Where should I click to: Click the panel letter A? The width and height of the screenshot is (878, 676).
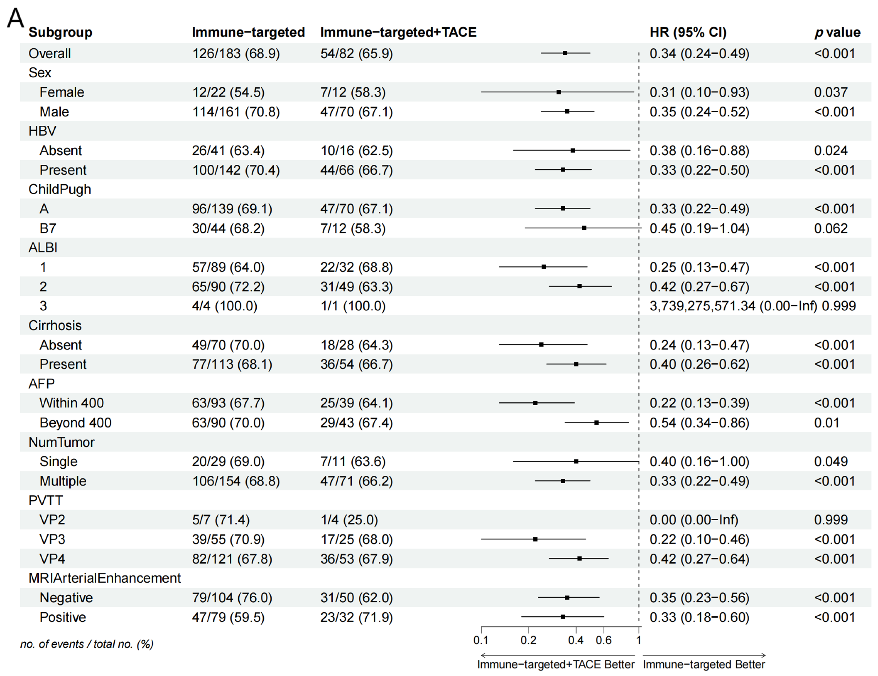point(15,18)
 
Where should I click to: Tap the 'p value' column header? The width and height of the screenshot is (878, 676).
point(837,32)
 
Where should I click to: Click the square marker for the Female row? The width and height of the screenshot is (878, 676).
point(558,92)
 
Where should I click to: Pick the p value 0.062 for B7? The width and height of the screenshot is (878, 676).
point(831,228)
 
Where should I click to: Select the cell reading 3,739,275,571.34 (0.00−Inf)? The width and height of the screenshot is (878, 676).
point(733,306)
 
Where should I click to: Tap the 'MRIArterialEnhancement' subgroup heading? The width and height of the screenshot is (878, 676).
point(104,578)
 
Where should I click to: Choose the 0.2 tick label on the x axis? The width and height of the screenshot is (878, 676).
point(528,640)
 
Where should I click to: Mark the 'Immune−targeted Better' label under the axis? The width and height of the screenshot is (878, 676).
point(704,664)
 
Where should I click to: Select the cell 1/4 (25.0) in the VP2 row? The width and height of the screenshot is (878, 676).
point(349,520)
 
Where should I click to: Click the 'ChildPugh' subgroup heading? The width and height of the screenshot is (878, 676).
point(60,189)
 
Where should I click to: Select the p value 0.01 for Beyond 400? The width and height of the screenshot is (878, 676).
point(827,422)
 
